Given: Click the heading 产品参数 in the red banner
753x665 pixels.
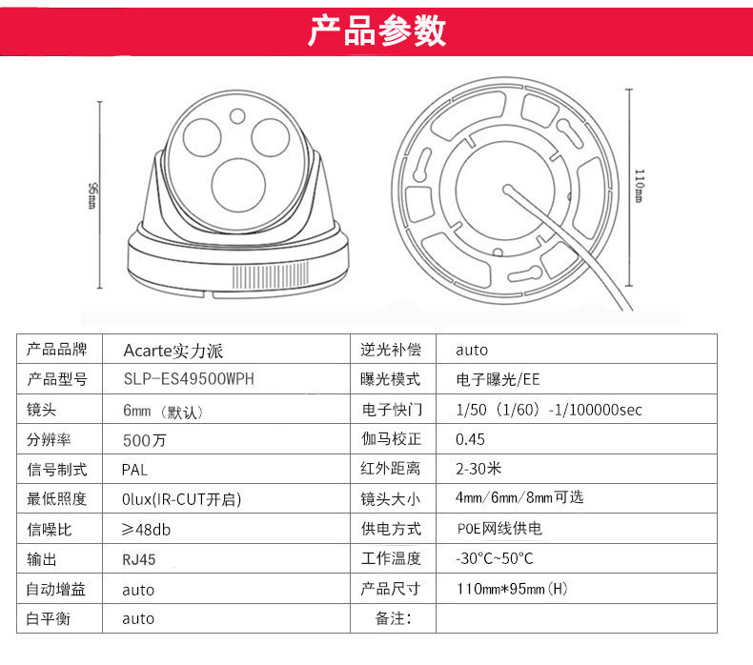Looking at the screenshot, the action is point(377,31).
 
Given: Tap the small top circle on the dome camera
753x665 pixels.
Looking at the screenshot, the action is point(237,116).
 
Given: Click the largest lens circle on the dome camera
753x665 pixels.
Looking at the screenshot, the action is point(238,186).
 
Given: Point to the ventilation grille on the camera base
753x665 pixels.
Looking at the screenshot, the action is point(271,275).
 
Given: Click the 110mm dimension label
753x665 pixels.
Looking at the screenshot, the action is point(640,186).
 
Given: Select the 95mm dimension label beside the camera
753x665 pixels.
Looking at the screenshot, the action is point(92,195).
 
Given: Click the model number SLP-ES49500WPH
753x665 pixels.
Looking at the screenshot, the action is point(189,379).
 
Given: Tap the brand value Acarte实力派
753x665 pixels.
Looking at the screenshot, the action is point(173,351).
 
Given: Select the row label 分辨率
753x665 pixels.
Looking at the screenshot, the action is point(49,439).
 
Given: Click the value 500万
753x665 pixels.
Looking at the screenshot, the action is point(145,440).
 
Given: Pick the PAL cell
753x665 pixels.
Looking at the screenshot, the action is point(134,470).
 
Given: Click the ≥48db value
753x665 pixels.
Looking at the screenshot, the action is point(146,530).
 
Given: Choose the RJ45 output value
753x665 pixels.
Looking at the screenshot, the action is point(139,559).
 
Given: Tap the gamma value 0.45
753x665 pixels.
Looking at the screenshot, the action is point(470,439).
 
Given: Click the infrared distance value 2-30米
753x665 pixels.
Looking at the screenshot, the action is point(478,469).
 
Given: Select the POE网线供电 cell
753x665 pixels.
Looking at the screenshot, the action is point(499,529).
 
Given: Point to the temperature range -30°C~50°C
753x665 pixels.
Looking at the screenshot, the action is point(494,558).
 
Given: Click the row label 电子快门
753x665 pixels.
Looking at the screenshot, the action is point(392,410).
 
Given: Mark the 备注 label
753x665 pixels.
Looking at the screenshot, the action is point(394,618).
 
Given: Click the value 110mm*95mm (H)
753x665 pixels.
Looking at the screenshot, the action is point(512,589).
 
